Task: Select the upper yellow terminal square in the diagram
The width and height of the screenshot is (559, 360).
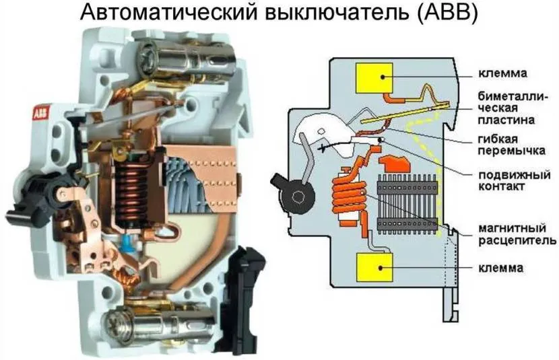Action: pos(374,77)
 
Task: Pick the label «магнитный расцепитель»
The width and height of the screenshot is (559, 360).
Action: pos(517,233)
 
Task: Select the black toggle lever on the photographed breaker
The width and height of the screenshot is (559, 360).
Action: pos(37,191)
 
